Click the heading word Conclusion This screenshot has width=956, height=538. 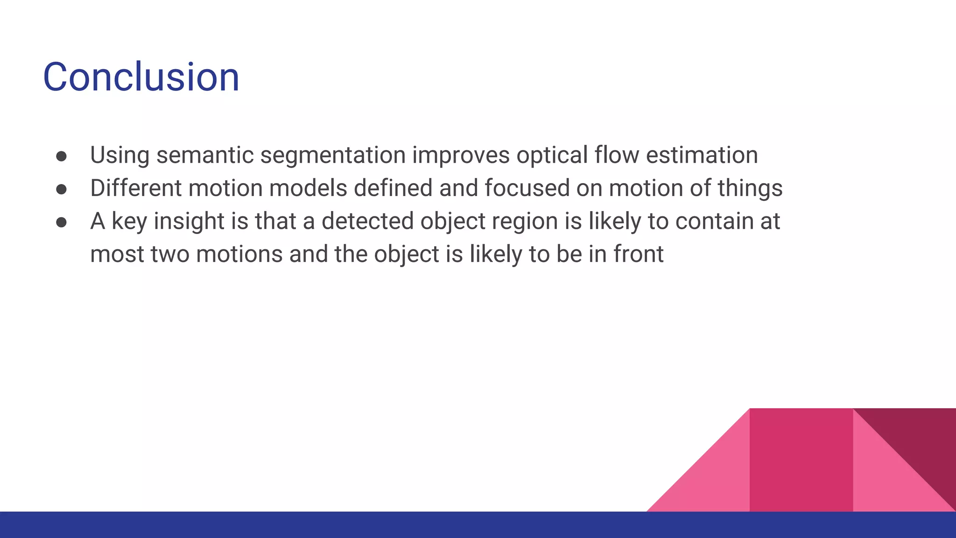141,77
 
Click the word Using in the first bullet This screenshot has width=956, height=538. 119,155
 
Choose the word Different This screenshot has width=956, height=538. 136,188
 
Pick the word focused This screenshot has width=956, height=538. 527,188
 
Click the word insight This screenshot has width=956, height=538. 189,222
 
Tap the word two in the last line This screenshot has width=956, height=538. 170,255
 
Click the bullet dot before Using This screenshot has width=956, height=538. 61,156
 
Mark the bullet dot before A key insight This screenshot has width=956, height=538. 61,222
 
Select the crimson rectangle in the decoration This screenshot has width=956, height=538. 801,460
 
